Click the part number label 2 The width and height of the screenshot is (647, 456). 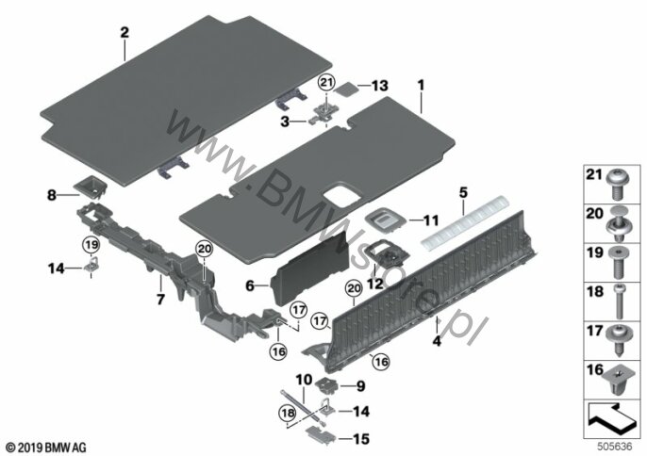coord(124,33)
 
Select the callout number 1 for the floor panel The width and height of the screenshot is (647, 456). coord(421,86)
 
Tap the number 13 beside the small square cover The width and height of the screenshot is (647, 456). coord(379,86)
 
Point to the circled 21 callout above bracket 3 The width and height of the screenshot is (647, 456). coord(326,83)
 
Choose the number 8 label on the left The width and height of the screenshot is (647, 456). coord(52,195)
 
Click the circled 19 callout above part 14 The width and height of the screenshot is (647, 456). coord(91,245)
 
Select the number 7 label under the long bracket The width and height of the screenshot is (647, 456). coord(160,300)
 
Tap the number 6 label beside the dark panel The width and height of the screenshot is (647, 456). coord(250,285)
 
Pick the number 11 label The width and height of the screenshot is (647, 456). coord(431,220)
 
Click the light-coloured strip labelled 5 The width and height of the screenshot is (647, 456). coord(464,221)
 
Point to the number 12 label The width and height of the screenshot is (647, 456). coord(374,284)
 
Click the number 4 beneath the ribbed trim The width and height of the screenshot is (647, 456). coord(437,341)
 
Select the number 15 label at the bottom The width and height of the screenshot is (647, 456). coord(360,439)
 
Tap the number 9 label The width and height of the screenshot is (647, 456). coord(360,386)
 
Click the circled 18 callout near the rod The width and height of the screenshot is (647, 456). coord(288,414)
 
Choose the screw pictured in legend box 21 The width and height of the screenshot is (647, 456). coord(617,186)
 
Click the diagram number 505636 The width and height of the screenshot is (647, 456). coord(615,447)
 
